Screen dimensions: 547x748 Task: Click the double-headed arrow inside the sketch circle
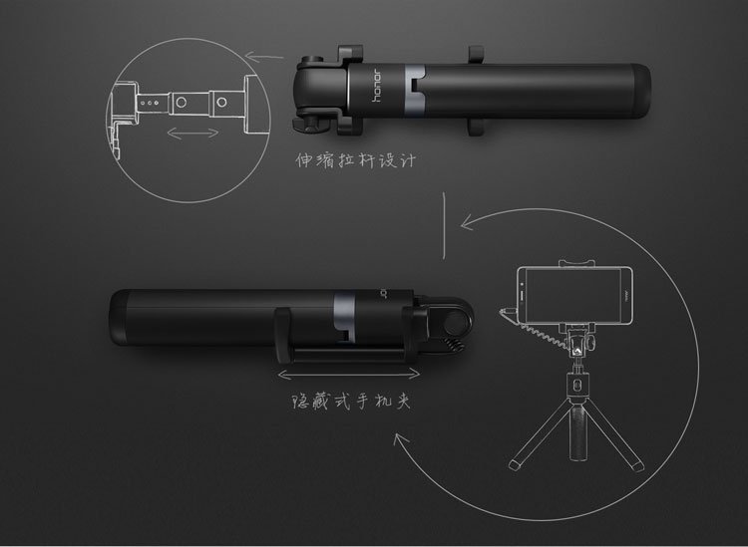tap(191, 132)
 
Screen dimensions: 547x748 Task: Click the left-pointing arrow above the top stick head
tap(261, 58)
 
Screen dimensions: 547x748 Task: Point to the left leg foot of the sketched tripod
tap(515, 462)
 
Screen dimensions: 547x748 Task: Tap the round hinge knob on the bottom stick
tap(458, 321)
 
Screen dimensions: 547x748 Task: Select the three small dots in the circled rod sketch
tap(150, 101)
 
